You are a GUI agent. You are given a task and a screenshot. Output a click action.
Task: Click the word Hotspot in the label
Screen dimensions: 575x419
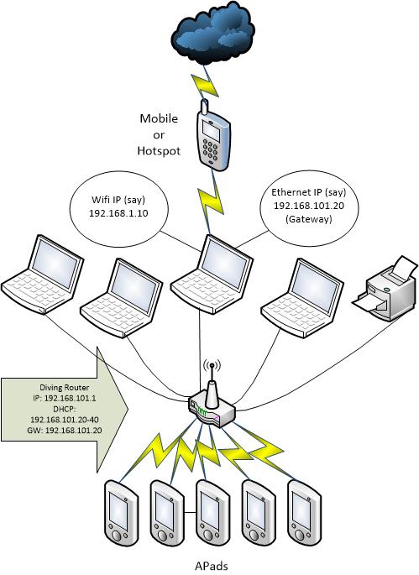[158, 150]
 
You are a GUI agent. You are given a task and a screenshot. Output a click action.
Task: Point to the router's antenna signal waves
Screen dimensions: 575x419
[209, 368]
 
